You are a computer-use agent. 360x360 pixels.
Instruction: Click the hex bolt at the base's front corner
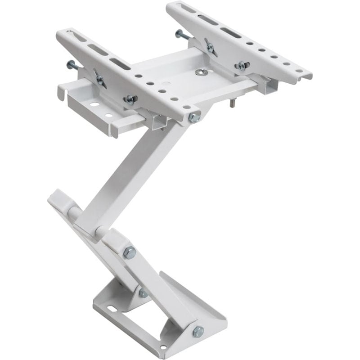click(x=198, y=332)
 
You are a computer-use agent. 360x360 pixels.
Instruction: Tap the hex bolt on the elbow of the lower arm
click(x=130, y=252)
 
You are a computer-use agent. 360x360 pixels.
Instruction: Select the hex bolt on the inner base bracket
click(x=143, y=293)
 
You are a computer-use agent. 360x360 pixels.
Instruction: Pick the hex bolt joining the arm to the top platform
click(x=194, y=118)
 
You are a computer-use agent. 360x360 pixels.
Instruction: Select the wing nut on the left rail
click(x=99, y=79)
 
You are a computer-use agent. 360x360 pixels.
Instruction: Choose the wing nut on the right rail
click(x=209, y=46)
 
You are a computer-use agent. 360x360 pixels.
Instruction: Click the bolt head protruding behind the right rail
click(x=180, y=34)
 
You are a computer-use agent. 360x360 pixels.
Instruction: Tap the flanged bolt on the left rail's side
click(x=130, y=99)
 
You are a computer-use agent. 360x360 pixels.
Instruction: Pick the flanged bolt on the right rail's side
click(x=241, y=66)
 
